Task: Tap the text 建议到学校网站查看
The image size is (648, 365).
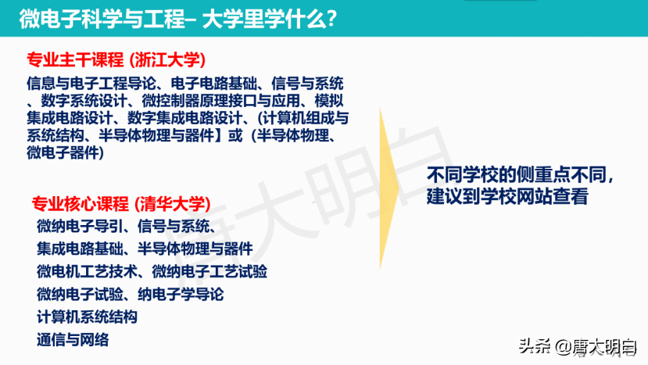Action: pos(507,196)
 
